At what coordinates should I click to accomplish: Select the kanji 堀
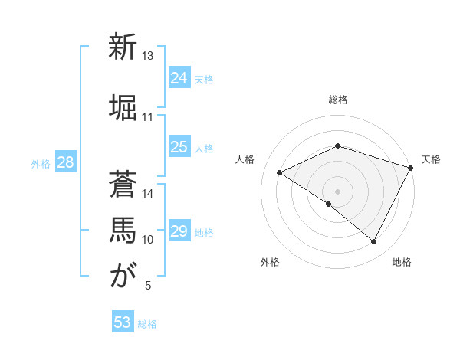tap(123, 107)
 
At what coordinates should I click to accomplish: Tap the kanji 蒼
tap(123, 184)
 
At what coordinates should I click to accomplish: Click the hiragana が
tap(123, 276)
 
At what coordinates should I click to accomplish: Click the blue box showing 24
tap(179, 78)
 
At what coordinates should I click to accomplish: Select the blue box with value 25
tap(179, 148)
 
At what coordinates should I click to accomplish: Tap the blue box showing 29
tap(179, 232)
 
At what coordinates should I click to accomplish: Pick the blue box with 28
tap(65, 162)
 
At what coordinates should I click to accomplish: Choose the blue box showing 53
tap(123, 322)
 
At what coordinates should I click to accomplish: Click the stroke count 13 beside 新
tap(148, 56)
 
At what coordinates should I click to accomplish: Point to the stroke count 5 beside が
tap(148, 286)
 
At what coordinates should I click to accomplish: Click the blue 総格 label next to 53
tap(147, 324)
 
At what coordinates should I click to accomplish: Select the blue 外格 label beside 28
tap(41, 164)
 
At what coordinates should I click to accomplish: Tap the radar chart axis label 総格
tap(338, 100)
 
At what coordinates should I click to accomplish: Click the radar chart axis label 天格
tap(431, 159)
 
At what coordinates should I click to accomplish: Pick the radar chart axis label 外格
tap(270, 262)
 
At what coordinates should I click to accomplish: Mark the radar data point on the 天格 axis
tap(411, 167)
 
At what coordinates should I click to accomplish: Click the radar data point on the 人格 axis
tap(280, 172)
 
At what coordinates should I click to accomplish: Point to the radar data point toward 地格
tap(374, 241)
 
